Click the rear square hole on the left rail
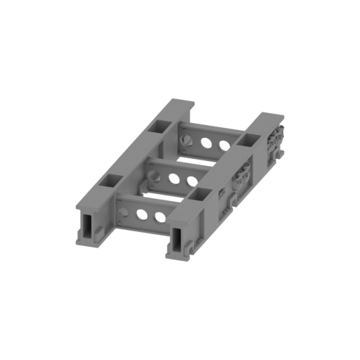(160, 127)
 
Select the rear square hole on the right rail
(247, 140)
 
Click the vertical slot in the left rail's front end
(86, 226)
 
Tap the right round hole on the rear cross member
(224, 147)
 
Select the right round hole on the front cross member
(161, 216)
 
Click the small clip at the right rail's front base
(188, 247)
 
